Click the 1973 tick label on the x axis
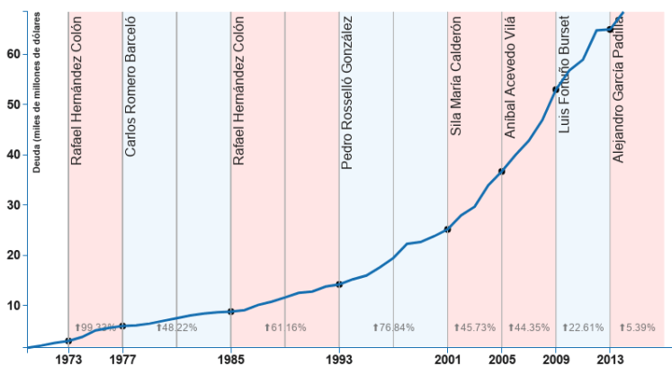point(68,362)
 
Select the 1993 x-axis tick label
point(339,362)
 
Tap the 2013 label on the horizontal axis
point(610,362)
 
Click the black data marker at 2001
point(447,229)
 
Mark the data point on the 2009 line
point(556,89)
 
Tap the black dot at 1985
point(231,311)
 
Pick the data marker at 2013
point(610,30)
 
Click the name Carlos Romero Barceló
point(130,85)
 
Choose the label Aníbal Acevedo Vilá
point(509,81)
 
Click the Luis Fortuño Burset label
point(564,74)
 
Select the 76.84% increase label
point(393,327)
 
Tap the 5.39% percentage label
point(637,327)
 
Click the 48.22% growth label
point(176,327)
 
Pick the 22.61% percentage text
point(582,327)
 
